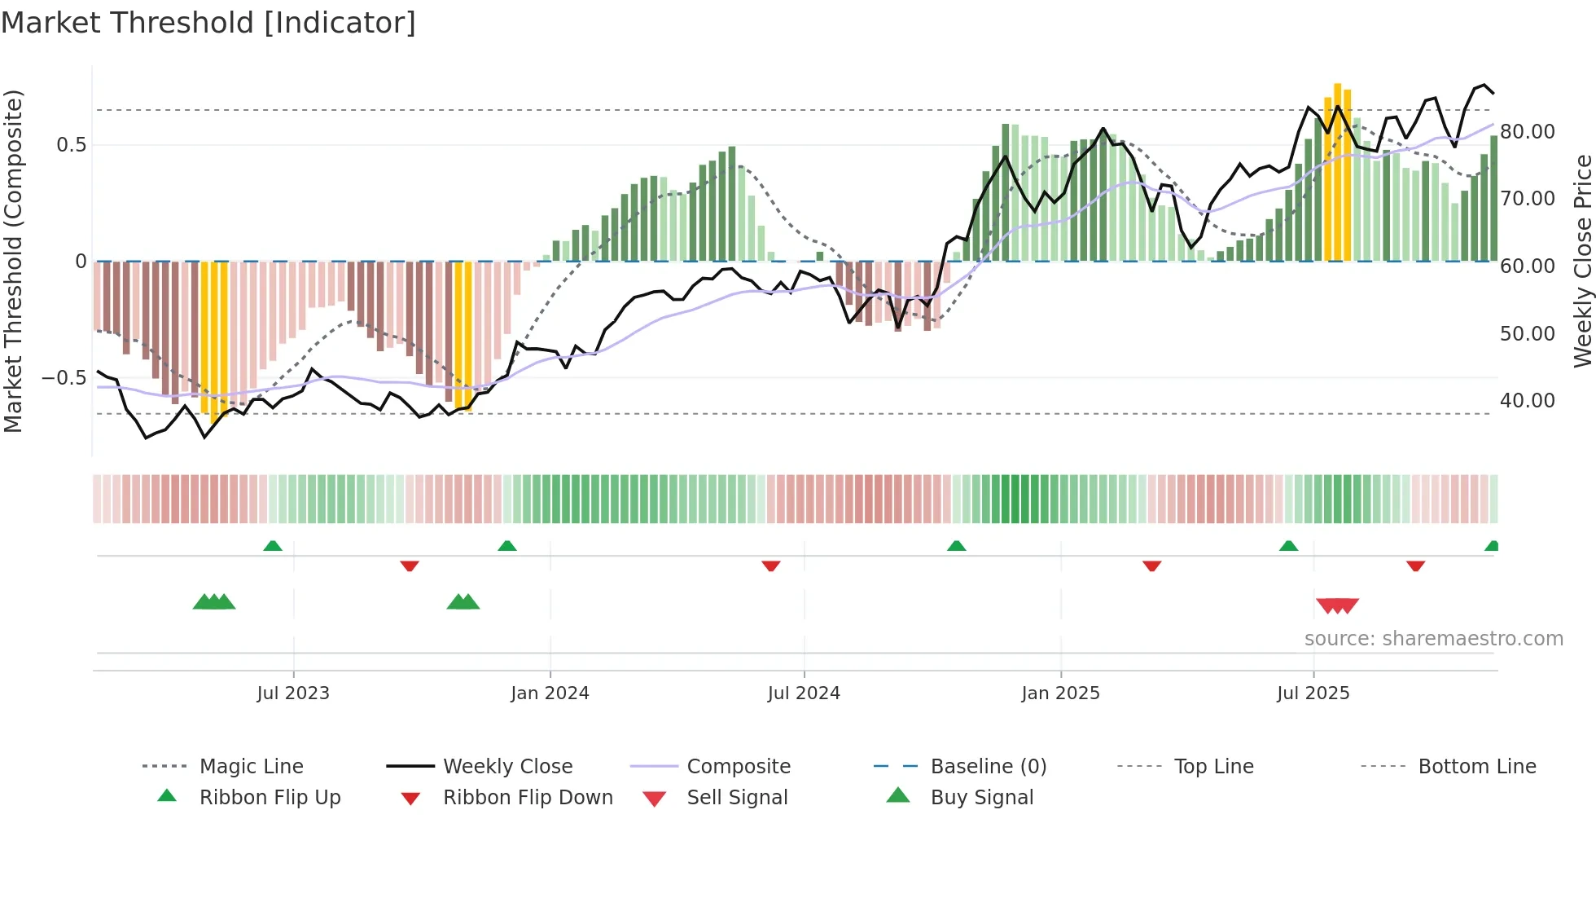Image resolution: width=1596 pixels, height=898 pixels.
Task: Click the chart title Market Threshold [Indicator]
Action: point(208,23)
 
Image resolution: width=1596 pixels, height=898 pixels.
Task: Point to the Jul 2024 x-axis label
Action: point(804,693)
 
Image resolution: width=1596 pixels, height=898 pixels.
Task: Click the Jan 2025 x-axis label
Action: point(1060,693)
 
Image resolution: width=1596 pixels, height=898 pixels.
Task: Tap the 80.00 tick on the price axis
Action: point(1528,132)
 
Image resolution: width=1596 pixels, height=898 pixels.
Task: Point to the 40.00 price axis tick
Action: point(1528,401)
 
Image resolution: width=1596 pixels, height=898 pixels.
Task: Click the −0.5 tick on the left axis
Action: point(64,378)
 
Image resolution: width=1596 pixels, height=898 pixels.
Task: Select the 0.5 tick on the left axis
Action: point(71,145)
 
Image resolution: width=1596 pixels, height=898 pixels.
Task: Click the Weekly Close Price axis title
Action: point(1582,261)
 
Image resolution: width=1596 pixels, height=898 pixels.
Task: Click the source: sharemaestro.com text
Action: point(1433,639)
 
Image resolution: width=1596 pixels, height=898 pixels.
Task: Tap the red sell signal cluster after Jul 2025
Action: point(1337,605)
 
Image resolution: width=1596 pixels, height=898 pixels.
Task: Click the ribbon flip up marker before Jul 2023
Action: point(273,546)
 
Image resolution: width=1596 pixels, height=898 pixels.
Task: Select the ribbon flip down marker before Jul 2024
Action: point(771,566)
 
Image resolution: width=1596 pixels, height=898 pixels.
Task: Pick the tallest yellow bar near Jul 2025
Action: point(1337,171)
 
